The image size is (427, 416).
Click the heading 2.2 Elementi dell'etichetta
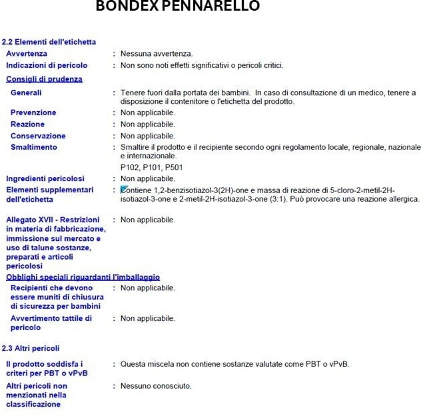[x=49, y=42]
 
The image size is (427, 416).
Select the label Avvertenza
[x=27, y=54]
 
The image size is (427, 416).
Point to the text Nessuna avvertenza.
[x=157, y=54]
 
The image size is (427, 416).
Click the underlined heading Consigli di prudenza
[x=44, y=79]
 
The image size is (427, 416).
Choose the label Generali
[x=26, y=93]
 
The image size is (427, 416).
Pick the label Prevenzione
[x=33, y=112]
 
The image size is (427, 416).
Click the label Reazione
[x=28, y=124]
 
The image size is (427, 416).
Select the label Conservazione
[x=38, y=136]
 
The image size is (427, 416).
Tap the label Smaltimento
[x=34, y=147]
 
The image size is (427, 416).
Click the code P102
[x=130, y=167]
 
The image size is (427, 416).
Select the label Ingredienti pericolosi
[x=45, y=178]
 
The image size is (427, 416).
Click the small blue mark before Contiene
[x=124, y=190]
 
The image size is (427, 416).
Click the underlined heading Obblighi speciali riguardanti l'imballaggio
[x=83, y=277]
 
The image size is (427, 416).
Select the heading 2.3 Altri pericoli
[x=31, y=348]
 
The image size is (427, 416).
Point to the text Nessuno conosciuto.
[x=156, y=386]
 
